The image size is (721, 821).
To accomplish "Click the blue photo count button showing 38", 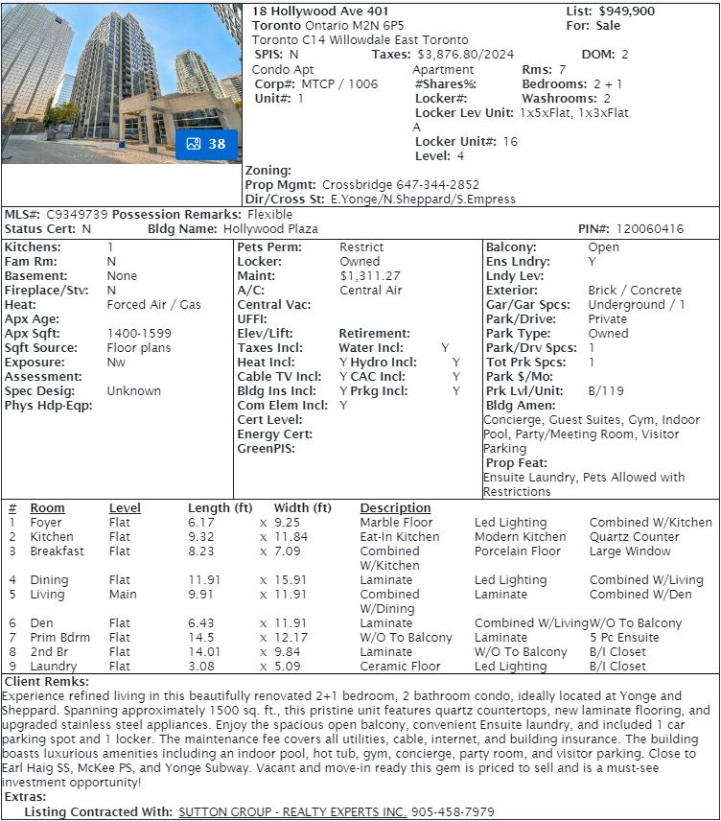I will tap(206, 144).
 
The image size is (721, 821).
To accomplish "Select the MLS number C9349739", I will tap(77, 215).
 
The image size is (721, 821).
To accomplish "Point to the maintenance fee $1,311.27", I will tap(370, 276).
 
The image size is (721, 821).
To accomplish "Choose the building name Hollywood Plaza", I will tap(270, 229).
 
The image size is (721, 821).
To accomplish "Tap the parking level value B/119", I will tap(606, 391).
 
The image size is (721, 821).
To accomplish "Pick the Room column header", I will tap(47, 508).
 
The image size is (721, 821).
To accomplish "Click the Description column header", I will tap(395, 508).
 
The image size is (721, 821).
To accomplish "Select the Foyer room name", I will tap(45, 523).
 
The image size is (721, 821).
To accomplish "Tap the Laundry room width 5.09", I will tap(289, 667).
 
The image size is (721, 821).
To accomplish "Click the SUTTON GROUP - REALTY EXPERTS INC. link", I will tap(292, 812).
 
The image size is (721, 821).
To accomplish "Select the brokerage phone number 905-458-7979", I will tap(453, 812).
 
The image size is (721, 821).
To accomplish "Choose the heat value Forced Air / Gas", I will tap(153, 305).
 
